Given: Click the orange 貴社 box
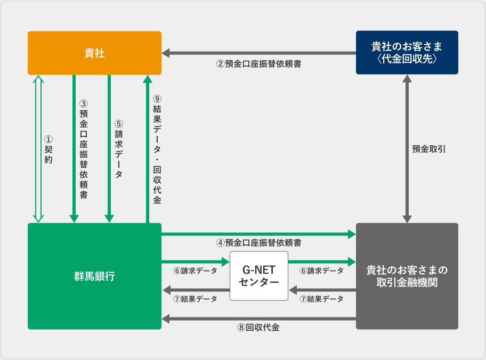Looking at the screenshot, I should [x=94, y=53].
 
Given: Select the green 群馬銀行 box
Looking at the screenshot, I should [x=94, y=276].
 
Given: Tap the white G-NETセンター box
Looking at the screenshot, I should [x=259, y=276].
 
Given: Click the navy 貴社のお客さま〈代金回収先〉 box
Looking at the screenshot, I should [x=407, y=53].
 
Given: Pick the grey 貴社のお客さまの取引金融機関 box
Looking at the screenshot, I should [x=407, y=276].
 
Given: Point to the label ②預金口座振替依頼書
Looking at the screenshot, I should [x=258, y=64].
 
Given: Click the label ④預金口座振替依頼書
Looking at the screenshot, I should [x=258, y=243].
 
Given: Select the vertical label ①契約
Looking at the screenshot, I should [x=48, y=149].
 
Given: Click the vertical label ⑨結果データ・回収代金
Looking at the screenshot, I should [x=157, y=149].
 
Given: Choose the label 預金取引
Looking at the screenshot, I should [x=429, y=149].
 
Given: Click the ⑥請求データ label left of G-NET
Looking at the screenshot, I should [x=195, y=271].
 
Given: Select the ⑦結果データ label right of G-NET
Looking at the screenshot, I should [x=321, y=299].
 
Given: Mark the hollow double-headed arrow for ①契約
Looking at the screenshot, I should [x=38, y=149].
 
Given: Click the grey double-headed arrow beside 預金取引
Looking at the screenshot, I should [x=407, y=149].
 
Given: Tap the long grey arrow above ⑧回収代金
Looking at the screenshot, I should [x=258, y=318].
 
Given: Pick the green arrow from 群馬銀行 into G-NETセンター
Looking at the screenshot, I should [x=195, y=261].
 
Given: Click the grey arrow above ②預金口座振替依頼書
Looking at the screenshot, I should [x=258, y=53].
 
